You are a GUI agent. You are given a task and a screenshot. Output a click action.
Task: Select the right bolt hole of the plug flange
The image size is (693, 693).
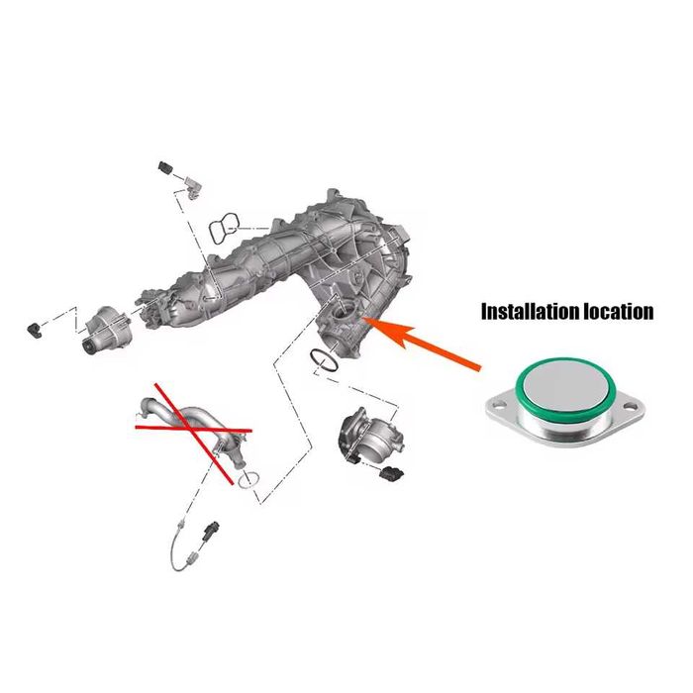630,405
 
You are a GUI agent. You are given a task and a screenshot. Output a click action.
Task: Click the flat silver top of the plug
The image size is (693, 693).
565,385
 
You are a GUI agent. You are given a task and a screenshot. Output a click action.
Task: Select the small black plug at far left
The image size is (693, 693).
35,330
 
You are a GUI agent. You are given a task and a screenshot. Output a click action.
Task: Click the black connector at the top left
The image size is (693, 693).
165,167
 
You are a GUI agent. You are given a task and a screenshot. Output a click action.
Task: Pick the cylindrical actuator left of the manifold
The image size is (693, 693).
106,331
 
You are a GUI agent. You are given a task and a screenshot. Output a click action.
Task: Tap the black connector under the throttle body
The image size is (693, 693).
391,473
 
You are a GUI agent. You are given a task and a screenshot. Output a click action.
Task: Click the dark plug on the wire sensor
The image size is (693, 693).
210,530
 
